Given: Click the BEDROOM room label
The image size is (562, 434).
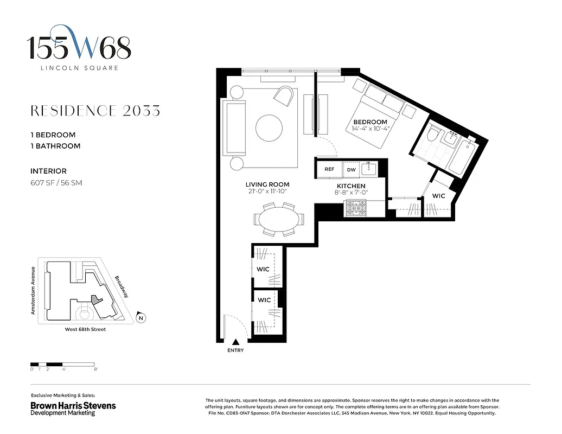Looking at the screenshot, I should coord(370,122).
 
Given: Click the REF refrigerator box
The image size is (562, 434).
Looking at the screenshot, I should coord(329,169).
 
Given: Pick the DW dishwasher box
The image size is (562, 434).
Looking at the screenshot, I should coord(351,169).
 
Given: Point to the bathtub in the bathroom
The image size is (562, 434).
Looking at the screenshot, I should coord(465,158).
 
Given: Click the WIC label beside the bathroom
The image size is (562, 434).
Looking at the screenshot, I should coord(439,196).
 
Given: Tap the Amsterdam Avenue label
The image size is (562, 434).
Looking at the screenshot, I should coord(34,290).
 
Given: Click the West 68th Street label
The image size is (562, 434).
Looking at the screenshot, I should coord(81,329).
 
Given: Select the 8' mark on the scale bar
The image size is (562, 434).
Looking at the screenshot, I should coord(95,369).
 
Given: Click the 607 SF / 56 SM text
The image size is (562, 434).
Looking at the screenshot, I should coord(56,183).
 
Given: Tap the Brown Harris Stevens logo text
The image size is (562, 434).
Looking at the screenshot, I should coord(73,406).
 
